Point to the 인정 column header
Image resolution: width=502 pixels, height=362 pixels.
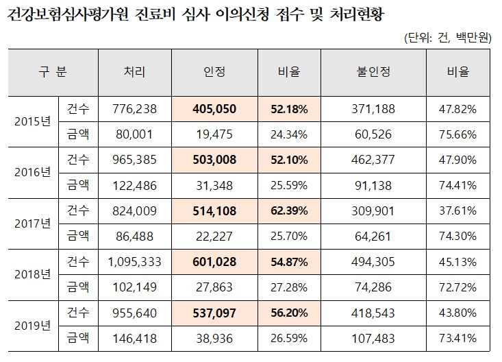pyautogui.click(x=214, y=71)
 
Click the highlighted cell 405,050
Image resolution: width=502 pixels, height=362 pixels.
pyautogui.click(x=214, y=109)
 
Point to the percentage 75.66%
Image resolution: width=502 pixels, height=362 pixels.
pyautogui.click(x=457, y=134)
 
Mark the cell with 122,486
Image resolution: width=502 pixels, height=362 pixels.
pyautogui.click(x=134, y=185)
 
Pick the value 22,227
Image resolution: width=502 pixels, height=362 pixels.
pyautogui.click(x=214, y=235)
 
